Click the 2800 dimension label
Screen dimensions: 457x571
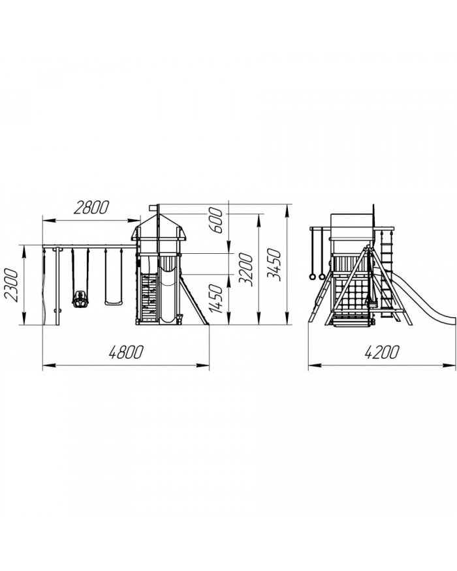click(91, 208)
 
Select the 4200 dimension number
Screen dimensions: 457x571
click(381, 352)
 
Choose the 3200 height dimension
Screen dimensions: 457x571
click(245, 270)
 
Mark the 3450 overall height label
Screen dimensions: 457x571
click(274, 265)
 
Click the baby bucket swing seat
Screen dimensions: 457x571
click(80, 300)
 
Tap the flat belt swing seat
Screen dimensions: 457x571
click(114, 303)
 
